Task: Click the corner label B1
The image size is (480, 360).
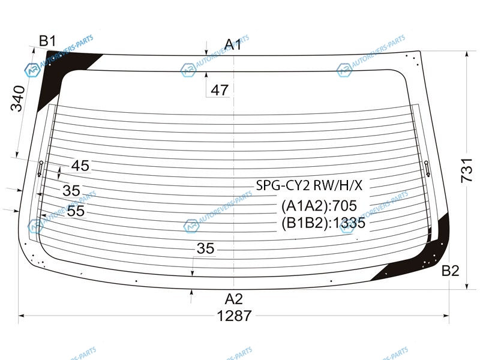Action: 48,41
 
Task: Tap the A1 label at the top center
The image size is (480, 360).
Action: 233,44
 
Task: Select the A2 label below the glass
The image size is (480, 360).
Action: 233,299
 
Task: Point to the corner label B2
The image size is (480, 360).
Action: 451,271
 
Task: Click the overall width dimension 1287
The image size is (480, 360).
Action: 234,316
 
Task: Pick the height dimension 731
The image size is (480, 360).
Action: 467,170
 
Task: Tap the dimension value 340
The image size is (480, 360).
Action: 17,98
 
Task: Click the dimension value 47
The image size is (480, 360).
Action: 220,91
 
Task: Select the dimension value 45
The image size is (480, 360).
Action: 80,166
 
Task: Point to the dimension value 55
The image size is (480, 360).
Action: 76,211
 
